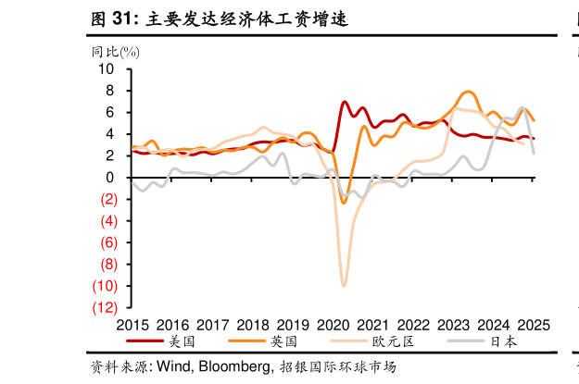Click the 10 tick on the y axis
click(x=106, y=69)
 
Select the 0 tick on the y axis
click(x=109, y=178)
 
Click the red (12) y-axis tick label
click(x=103, y=307)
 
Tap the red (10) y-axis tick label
click(x=103, y=286)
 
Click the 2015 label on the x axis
click(x=133, y=325)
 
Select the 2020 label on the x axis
click(x=334, y=325)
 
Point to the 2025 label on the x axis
click(x=534, y=325)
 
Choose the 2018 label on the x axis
click(x=253, y=325)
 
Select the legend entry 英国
click(x=282, y=341)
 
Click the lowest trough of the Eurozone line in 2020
click(x=344, y=286)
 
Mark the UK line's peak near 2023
click(x=469, y=92)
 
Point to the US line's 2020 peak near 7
click(x=345, y=102)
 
